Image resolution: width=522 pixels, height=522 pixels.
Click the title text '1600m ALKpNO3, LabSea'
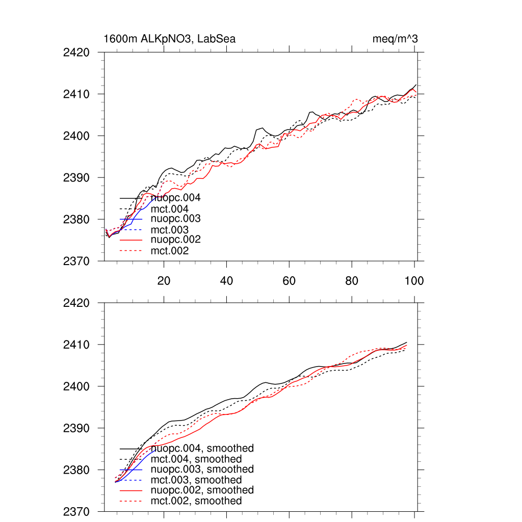pyautogui.click(x=169, y=39)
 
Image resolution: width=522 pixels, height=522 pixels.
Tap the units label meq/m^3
pyautogui.click(x=396, y=39)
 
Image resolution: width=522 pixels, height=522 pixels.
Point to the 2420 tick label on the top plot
pyautogui.click(x=76, y=53)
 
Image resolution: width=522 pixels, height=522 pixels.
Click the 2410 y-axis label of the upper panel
pyautogui.click(x=76, y=94)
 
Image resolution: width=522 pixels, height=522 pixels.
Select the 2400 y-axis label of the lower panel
pyautogui.click(x=76, y=386)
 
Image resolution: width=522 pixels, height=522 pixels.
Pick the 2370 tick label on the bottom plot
pyautogui.click(x=76, y=511)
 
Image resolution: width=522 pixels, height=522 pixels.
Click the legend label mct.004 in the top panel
pyautogui.click(x=170, y=209)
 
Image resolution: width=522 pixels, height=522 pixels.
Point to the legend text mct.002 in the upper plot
pyautogui.click(x=170, y=251)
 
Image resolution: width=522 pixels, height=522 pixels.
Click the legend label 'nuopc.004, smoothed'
pyautogui.click(x=202, y=449)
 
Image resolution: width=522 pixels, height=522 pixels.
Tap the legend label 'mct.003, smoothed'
pyautogui.click(x=196, y=480)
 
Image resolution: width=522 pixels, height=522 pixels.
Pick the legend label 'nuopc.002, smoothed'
pyautogui.click(x=202, y=490)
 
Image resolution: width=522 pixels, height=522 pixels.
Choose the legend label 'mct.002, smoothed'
pyautogui.click(x=196, y=501)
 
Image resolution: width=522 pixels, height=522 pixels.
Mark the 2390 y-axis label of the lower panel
pyautogui.click(x=76, y=428)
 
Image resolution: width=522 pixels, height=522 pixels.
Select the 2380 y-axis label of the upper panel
pyautogui.click(x=76, y=220)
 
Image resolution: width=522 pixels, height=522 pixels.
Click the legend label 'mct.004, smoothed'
pyautogui.click(x=196, y=459)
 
